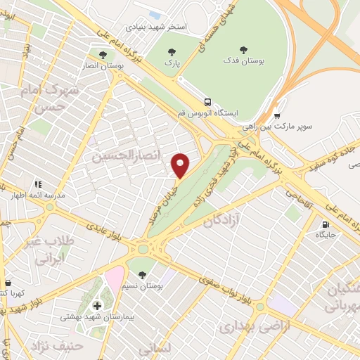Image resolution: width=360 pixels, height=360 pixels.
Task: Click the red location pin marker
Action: point(181,166)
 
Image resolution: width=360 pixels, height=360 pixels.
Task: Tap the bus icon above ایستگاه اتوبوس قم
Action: point(207,101)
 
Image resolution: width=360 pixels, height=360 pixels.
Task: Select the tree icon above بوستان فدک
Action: point(243,50)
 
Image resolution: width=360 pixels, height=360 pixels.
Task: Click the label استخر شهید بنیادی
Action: point(155,27)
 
